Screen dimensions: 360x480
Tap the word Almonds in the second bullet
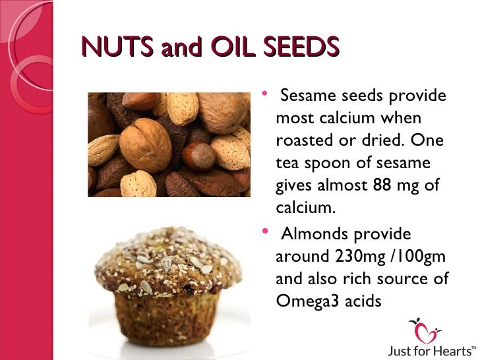(x=313, y=234)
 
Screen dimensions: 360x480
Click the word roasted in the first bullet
(x=302, y=142)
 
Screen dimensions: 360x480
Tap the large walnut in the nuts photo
(x=146, y=144)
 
